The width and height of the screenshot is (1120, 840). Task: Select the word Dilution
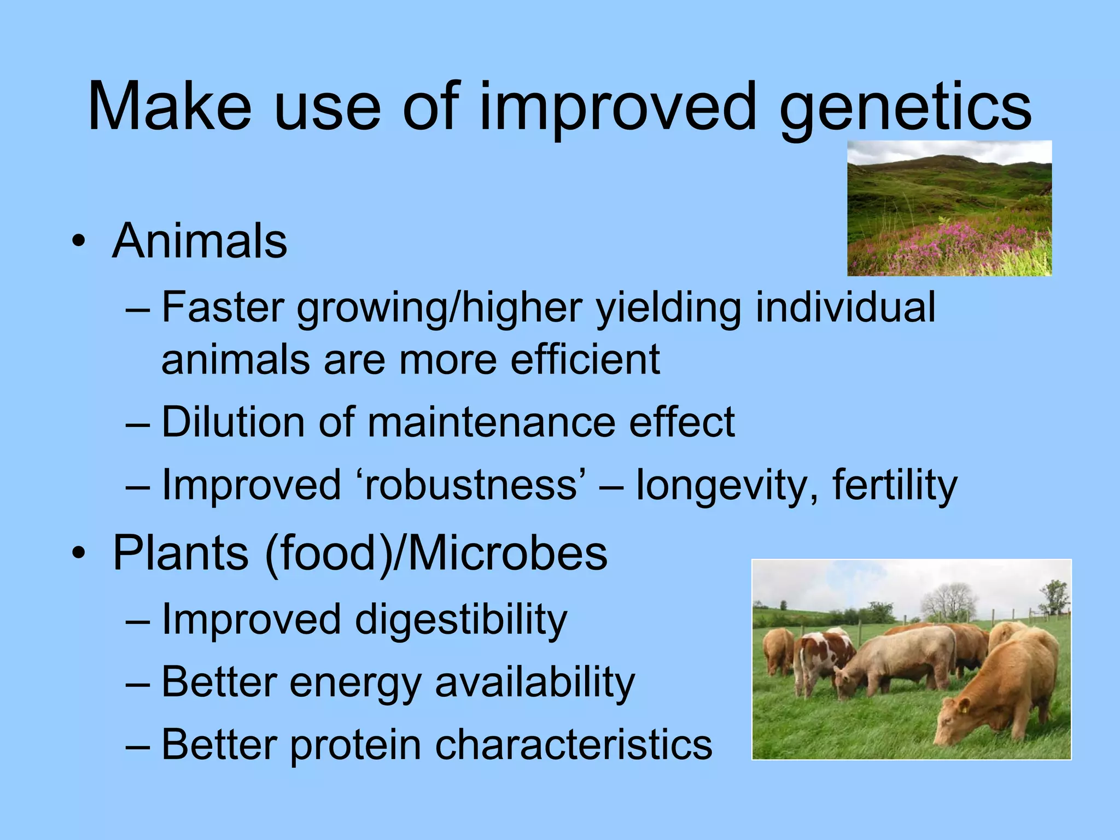click(x=233, y=422)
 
